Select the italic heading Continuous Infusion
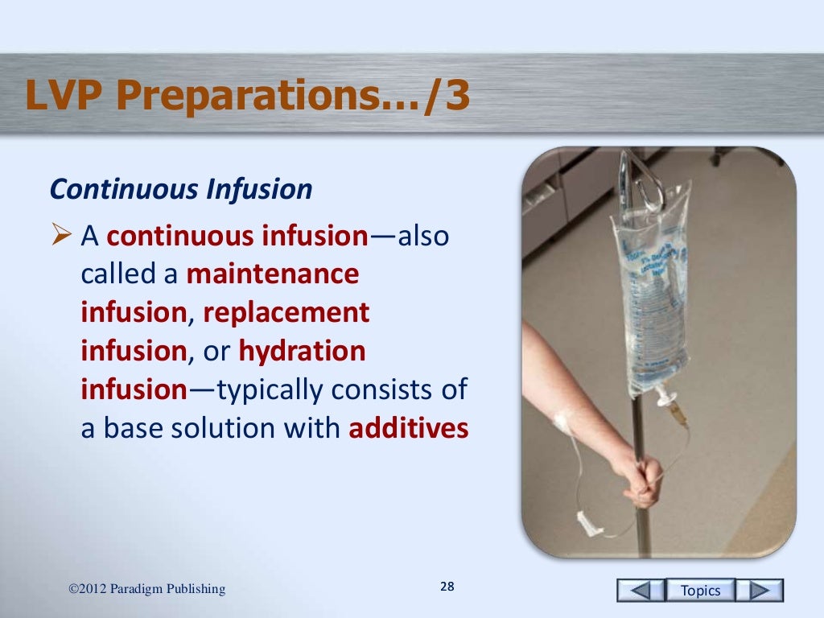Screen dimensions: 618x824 click(x=180, y=190)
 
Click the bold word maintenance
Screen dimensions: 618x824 click(x=272, y=274)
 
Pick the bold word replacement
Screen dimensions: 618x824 click(x=286, y=312)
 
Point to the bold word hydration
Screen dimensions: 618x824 click(x=302, y=351)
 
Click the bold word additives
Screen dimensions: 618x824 click(x=408, y=428)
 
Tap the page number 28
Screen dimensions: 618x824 click(x=447, y=586)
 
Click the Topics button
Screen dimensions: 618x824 click(x=700, y=590)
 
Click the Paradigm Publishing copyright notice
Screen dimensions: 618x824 click(x=147, y=590)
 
